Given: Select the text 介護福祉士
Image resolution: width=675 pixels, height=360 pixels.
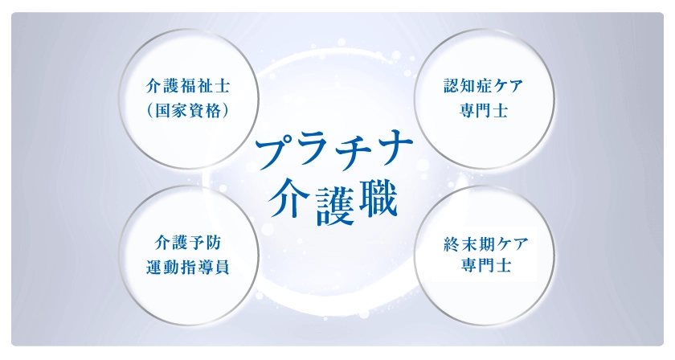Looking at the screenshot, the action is tap(188, 86).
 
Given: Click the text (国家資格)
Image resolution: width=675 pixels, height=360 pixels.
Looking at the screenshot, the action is tap(188, 111).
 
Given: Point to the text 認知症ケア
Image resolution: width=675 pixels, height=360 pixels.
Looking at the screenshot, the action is tap(484, 86).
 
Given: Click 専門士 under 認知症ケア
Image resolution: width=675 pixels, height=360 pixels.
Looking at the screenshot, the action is tap(484, 110).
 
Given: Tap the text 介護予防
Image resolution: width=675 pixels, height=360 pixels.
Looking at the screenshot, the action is tap(188, 243).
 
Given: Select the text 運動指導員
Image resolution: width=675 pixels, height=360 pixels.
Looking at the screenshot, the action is tap(188, 268).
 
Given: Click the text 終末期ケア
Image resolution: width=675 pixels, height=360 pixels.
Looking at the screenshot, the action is tap(486, 244).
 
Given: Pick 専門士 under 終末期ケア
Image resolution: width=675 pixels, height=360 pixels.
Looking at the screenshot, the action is tap(486, 265).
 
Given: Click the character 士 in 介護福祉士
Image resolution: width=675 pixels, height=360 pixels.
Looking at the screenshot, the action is tap(222, 86).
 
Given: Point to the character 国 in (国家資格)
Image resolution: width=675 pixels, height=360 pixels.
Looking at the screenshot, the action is tap(162, 111).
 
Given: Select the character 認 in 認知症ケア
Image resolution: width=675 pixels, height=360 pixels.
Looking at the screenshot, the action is tap(452, 86).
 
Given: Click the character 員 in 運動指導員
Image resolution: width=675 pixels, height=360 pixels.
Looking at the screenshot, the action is tap(222, 268).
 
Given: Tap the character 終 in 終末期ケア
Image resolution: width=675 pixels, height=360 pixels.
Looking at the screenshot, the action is tap(452, 244).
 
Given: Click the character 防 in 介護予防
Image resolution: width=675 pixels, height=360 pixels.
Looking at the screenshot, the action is tap(214, 243).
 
